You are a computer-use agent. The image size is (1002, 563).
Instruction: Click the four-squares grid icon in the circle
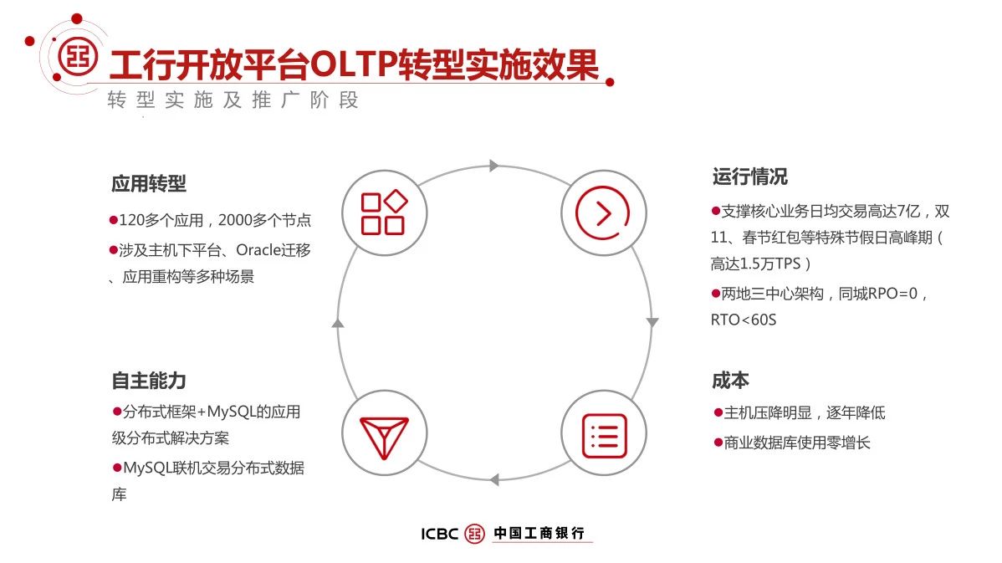(x=384, y=212)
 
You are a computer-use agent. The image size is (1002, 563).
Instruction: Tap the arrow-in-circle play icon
(x=602, y=212)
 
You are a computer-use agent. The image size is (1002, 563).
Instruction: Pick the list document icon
(x=604, y=436)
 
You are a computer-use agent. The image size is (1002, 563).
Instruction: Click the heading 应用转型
(x=149, y=184)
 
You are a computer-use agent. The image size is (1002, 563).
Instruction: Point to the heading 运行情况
(x=750, y=177)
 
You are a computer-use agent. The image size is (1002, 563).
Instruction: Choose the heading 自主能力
(x=149, y=381)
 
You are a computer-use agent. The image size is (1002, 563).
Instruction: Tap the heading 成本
(x=730, y=381)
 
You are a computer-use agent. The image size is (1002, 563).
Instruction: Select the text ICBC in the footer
(x=440, y=534)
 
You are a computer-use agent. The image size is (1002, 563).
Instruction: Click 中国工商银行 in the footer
(x=539, y=533)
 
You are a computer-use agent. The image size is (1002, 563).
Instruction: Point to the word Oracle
(x=259, y=250)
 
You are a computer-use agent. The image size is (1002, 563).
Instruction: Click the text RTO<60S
(x=744, y=320)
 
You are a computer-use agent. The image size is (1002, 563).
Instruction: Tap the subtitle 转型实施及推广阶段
(x=233, y=100)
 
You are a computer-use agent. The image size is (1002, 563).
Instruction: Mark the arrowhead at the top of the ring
(x=493, y=166)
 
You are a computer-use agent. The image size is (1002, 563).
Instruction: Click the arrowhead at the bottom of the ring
(x=494, y=479)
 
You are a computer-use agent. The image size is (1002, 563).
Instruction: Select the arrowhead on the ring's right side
(x=652, y=322)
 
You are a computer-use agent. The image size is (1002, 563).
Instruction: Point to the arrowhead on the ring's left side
(x=338, y=323)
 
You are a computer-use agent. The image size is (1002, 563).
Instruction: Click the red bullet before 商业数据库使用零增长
(x=718, y=443)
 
